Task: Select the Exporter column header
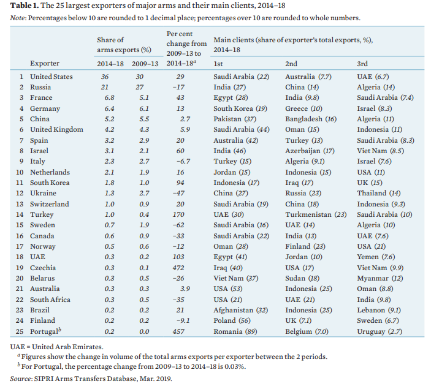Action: tap(45, 64)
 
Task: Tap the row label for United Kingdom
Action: tap(56, 129)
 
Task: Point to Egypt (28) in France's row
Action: tap(231, 97)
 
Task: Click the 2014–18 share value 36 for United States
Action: tap(105, 77)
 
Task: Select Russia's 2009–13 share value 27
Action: tap(140, 87)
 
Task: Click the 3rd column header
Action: tap(362, 64)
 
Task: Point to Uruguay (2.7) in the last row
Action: tap(380, 331)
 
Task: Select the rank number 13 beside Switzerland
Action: tap(20, 203)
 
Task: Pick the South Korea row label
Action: tap(50, 183)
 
